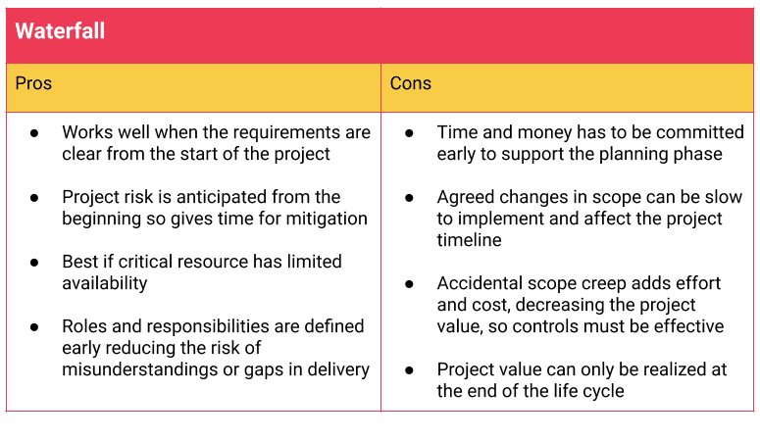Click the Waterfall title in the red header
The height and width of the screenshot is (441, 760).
60,31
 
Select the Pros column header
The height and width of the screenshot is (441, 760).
33,83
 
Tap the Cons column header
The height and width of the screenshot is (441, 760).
411,83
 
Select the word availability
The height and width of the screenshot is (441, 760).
105,283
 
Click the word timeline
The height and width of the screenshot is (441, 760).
469,240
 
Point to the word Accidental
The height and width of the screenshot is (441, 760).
480,283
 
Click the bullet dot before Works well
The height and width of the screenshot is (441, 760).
34,132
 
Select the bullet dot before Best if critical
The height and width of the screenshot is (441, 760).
34,263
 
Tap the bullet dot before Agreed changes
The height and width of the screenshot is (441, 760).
409,198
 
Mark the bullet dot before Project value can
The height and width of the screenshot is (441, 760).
409,370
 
